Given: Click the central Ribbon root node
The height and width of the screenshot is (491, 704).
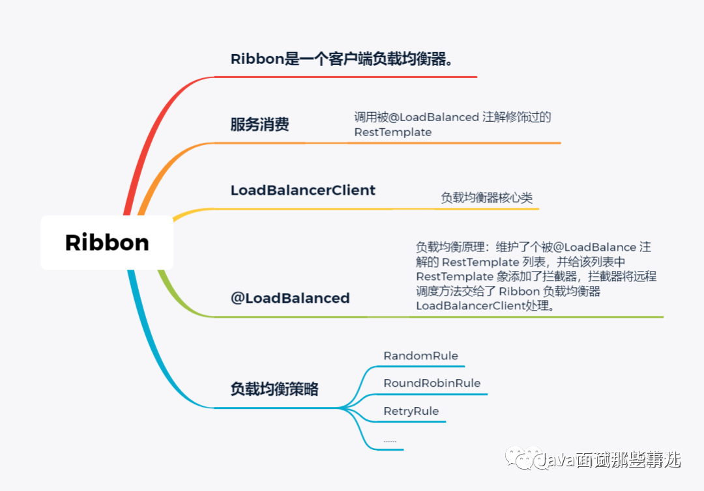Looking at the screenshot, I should [x=107, y=242].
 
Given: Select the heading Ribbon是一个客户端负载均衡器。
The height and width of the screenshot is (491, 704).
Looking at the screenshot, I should [x=342, y=59].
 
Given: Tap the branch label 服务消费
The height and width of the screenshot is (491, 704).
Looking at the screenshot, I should [x=259, y=125].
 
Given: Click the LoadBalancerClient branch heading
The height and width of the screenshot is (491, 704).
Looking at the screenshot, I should [x=303, y=190].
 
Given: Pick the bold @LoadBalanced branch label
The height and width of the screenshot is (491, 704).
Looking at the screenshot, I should [x=290, y=298].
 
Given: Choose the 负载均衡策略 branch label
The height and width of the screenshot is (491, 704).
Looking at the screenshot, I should [x=274, y=389].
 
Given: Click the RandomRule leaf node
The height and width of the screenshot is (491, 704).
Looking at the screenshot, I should [x=420, y=356].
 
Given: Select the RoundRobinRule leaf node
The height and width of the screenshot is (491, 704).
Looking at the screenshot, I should [x=432, y=383].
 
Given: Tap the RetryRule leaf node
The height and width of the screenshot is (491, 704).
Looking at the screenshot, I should [x=411, y=411].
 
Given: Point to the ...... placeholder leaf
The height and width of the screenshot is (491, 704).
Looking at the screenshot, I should [x=390, y=441].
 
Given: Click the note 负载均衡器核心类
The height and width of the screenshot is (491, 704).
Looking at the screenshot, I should [x=487, y=198].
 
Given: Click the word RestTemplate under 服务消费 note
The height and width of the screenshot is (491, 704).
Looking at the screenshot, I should [x=393, y=132].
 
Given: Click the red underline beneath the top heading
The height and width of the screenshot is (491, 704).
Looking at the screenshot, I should [x=345, y=77].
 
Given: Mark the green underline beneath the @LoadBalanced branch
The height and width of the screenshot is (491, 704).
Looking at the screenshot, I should [x=437, y=317].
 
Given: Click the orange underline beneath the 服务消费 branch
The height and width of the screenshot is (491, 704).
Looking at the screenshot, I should [x=391, y=143].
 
